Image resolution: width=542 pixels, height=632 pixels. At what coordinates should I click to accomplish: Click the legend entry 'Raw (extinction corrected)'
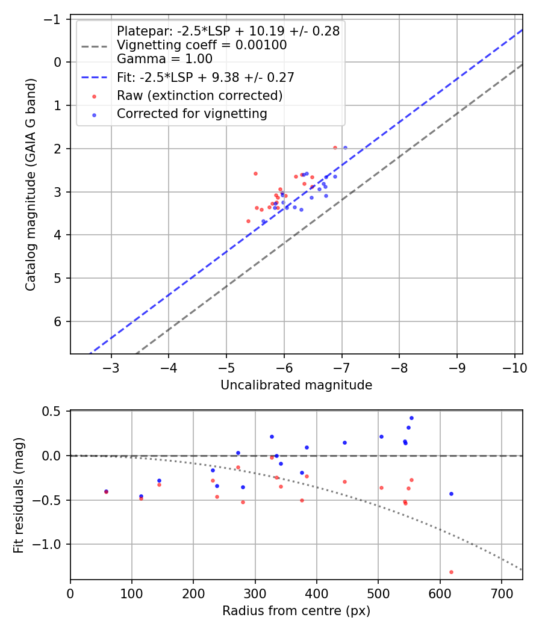click(x=199, y=95)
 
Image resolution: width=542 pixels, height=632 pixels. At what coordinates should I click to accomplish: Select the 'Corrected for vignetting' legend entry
click(x=192, y=113)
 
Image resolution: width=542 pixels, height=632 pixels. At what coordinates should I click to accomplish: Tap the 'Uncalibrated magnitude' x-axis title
click(x=296, y=385)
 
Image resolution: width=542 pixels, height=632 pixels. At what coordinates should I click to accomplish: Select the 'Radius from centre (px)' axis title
click(x=296, y=611)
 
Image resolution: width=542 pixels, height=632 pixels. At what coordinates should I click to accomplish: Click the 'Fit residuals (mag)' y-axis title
click(x=19, y=495)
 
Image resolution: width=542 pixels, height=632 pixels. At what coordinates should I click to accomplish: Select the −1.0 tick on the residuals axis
click(x=51, y=544)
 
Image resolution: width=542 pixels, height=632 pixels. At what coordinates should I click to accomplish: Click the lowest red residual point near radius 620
click(x=451, y=572)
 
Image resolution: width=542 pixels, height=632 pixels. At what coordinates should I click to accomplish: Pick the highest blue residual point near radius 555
click(x=411, y=418)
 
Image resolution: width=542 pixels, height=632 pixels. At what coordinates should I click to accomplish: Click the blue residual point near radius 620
click(x=451, y=494)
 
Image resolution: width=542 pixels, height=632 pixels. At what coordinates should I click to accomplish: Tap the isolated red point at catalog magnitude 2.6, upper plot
click(x=255, y=173)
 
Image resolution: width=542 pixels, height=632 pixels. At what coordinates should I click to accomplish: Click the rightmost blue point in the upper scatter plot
click(x=345, y=147)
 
